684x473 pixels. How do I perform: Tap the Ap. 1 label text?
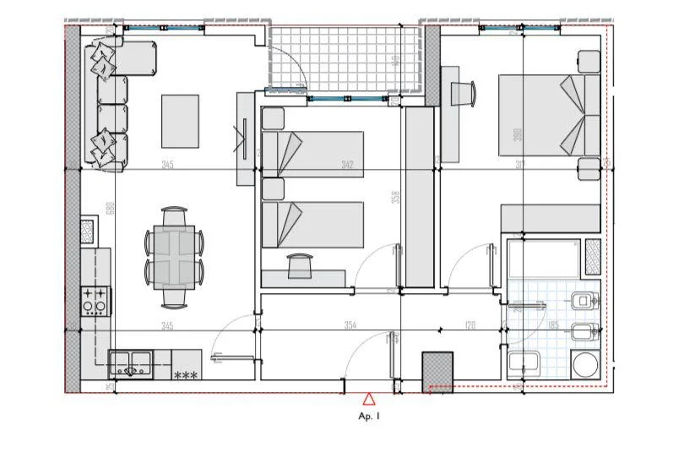point(369,416)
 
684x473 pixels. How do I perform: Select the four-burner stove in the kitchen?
point(95,301)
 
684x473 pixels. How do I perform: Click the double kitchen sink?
point(130,366)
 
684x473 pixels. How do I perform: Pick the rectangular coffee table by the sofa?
point(180,121)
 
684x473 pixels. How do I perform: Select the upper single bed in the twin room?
point(312,154)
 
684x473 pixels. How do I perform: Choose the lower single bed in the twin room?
point(312,224)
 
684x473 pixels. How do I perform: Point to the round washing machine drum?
point(585,365)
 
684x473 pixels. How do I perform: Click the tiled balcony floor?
point(346,57)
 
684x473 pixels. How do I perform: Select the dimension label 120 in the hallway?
point(470,325)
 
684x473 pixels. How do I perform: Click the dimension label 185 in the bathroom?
point(554,325)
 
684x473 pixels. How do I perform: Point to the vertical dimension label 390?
point(518,133)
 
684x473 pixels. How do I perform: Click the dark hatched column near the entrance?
point(438,370)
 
